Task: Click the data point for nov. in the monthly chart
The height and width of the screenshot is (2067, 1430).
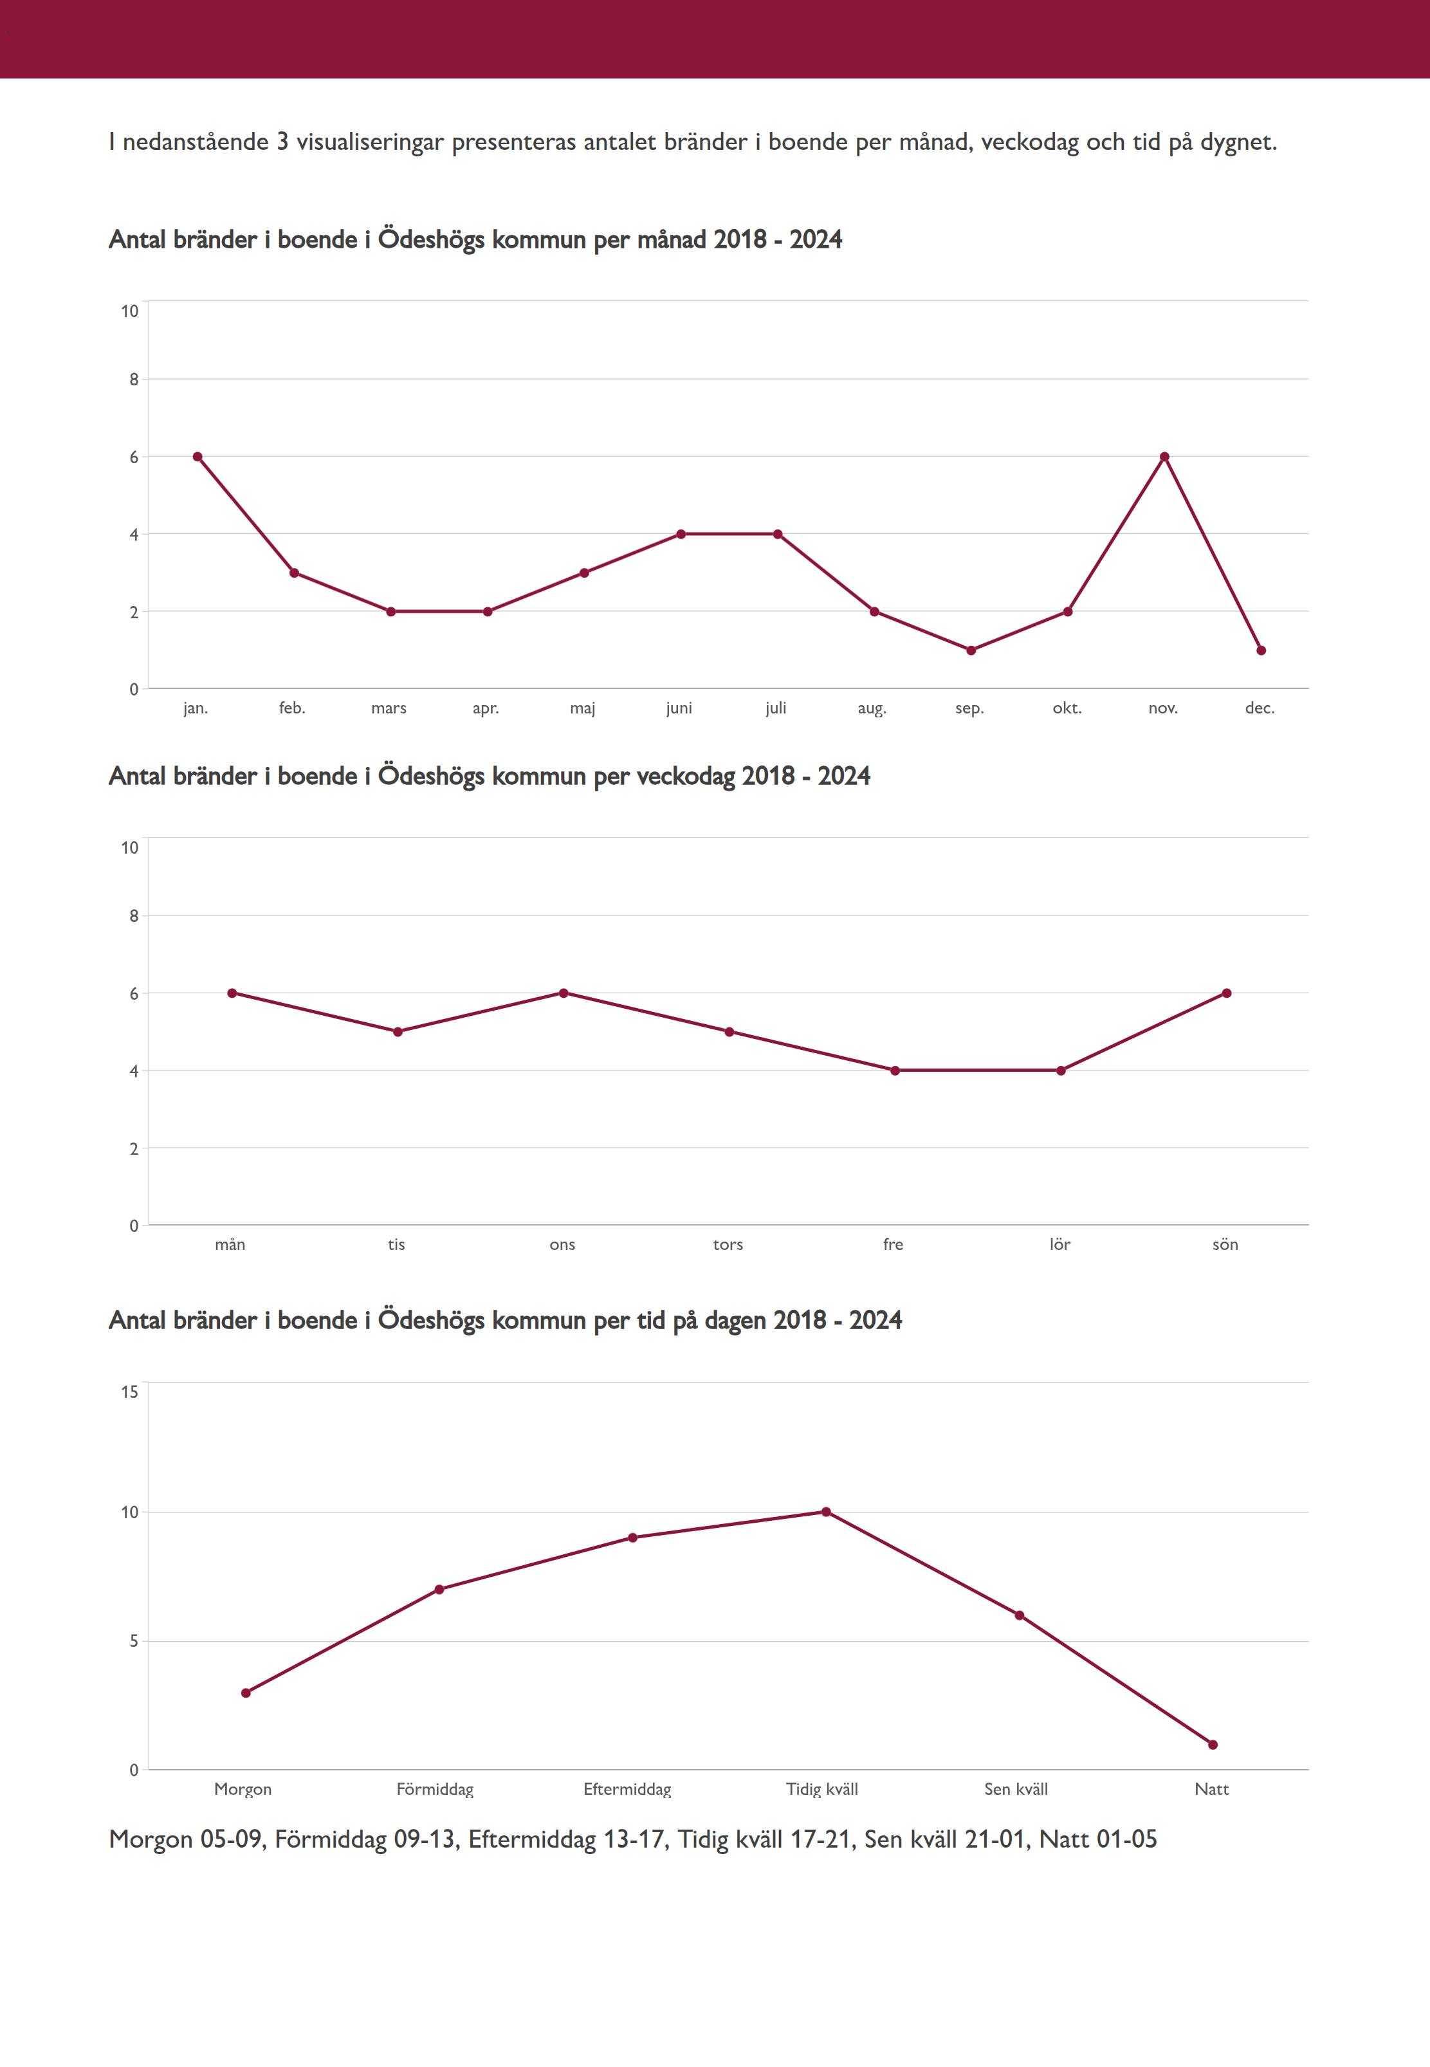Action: pyautogui.click(x=1164, y=457)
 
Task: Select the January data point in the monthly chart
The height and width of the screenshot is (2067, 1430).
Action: pyautogui.click(x=197, y=457)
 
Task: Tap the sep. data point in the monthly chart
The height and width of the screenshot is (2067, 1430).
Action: pyautogui.click(x=970, y=650)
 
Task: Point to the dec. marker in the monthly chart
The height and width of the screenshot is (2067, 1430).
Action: pyautogui.click(x=1261, y=650)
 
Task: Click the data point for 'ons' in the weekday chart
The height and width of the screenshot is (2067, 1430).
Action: pyautogui.click(x=564, y=993)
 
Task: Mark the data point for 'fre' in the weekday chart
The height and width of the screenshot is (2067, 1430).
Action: pyautogui.click(x=894, y=1070)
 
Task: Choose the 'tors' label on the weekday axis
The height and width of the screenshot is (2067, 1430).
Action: pyautogui.click(x=728, y=1244)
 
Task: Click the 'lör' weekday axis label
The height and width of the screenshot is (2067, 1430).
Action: pyautogui.click(x=1060, y=1244)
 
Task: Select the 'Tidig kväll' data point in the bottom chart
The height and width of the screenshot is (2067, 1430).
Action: pyautogui.click(x=826, y=1512)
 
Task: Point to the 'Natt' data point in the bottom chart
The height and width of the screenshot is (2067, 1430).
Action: pyautogui.click(x=1213, y=1745)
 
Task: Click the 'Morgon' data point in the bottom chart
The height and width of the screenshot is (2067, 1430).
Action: pyautogui.click(x=246, y=1693)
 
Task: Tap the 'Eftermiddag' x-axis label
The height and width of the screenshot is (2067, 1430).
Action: pyautogui.click(x=627, y=1790)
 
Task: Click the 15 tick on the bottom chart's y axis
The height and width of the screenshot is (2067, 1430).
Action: pyautogui.click(x=130, y=1392)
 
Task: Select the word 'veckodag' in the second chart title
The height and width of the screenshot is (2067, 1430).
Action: pyautogui.click(x=686, y=776)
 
